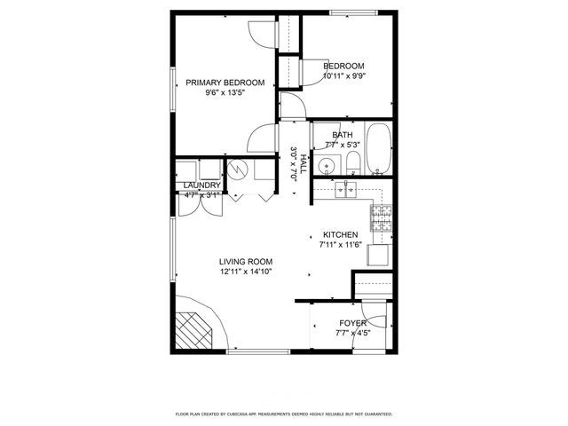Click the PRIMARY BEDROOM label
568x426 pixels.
tap(225, 83)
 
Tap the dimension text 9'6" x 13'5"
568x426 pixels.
tap(225, 91)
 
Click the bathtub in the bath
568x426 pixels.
tap(379, 149)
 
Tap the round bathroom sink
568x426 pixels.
tap(327, 164)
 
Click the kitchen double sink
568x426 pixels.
tap(346, 188)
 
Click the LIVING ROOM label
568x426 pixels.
tap(246, 262)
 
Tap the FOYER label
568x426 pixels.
tap(352, 323)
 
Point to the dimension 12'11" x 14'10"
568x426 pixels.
tap(246, 272)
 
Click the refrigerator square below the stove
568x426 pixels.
tap(379, 255)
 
